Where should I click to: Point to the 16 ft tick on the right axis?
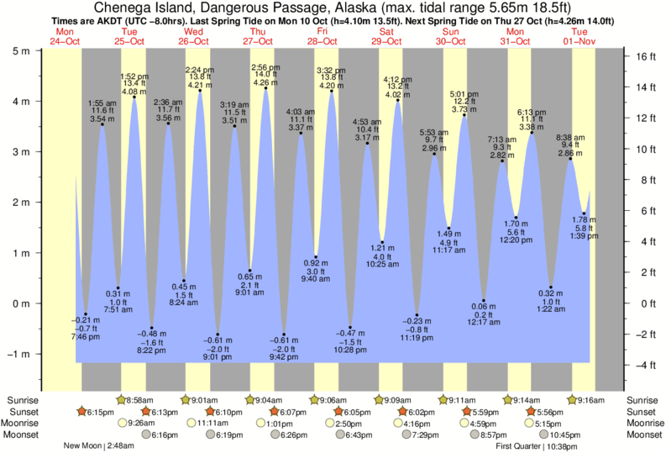[x=637, y=57]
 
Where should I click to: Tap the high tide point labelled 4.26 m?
[x=266, y=88]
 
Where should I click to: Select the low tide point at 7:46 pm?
[x=86, y=313]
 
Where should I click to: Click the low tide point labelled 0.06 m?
[x=484, y=300]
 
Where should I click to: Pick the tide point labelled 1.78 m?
[x=585, y=213]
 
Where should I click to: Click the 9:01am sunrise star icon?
[x=186, y=399]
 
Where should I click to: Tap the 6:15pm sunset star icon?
[x=82, y=411]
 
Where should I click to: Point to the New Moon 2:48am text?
[x=99, y=445]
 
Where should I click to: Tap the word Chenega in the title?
[x=123, y=8]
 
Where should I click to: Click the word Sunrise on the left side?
[x=22, y=399]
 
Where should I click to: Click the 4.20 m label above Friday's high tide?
[x=332, y=85]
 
